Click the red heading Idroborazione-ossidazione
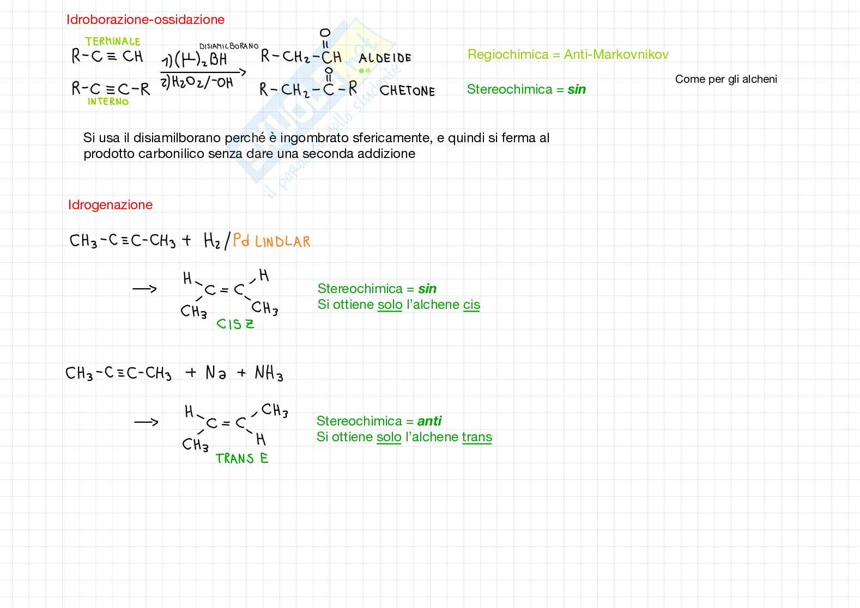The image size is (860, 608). click(145, 20)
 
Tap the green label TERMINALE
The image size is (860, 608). click(112, 41)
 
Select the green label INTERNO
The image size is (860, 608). click(108, 102)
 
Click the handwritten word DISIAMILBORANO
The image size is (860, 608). click(229, 46)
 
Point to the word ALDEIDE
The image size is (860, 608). click(385, 58)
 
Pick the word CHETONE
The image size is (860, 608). click(407, 91)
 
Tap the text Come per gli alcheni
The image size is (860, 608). click(726, 79)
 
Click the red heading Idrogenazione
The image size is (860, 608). click(110, 205)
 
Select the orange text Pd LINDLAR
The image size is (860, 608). click(271, 241)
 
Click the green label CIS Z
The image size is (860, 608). click(235, 324)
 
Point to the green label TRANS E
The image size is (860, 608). click(242, 459)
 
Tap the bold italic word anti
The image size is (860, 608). click(429, 421)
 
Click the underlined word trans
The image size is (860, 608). click(477, 437)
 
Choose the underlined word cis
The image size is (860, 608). click(471, 305)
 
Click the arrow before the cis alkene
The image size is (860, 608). click(144, 289)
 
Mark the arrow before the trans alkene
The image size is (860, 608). click(146, 422)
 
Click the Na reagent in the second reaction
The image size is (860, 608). click(216, 373)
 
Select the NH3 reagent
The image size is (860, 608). click(269, 374)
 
